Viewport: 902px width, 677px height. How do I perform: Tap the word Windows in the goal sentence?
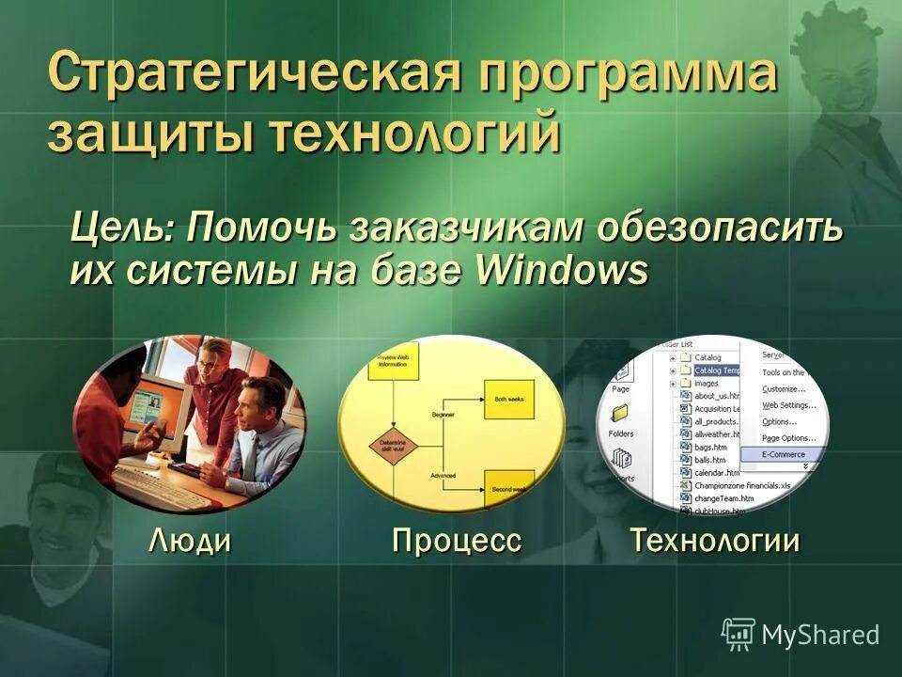pyautogui.click(x=562, y=271)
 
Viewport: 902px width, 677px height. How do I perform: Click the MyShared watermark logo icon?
pyautogui.click(x=739, y=634)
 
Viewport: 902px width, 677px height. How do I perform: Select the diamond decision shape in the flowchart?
pyautogui.click(x=392, y=446)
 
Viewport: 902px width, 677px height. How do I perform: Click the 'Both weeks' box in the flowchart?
pyautogui.click(x=508, y=400)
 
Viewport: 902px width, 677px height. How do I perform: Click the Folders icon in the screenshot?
pyautogui.click(x=621, y=419)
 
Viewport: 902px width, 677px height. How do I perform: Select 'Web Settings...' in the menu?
pyautogui.click(x=788, y=405)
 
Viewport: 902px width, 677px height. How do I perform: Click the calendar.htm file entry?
pyautogui.click(x=716, y=472)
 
